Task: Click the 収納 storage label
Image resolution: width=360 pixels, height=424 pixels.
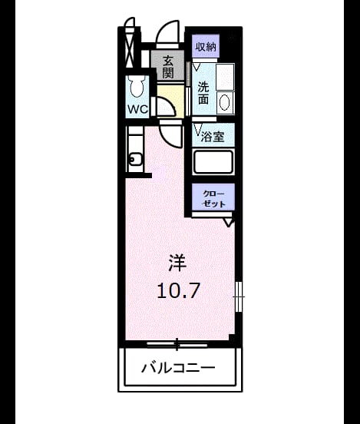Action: [x=206, y=47]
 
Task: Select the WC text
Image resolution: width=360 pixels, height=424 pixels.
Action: [x=137, y=109]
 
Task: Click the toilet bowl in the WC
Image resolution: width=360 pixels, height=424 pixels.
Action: [x=137, y=86]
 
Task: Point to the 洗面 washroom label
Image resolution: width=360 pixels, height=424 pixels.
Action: [x=203, y=93]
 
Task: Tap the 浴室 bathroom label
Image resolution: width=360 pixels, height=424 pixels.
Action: [x=213, y=137]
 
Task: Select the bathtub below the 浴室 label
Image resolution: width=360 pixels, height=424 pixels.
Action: [x=213, y=162]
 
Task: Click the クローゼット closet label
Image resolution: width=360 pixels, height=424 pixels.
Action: [x=213, y=199]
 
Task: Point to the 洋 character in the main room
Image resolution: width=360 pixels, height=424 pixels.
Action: [x=177, y=263]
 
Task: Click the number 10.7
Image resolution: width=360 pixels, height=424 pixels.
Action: [x=178, y=290]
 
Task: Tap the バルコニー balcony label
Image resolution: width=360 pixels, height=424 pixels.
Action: [x=178, y=367]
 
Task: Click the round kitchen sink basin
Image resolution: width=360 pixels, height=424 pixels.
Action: [x=135, y=159]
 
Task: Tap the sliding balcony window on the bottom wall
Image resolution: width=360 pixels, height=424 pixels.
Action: [x=177, y=344]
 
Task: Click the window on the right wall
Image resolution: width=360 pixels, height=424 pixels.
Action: [x=239, y=296]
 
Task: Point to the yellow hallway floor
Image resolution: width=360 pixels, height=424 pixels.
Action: [x=171, y=101]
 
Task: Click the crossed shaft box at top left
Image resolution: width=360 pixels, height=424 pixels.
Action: [x=129, y=48]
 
